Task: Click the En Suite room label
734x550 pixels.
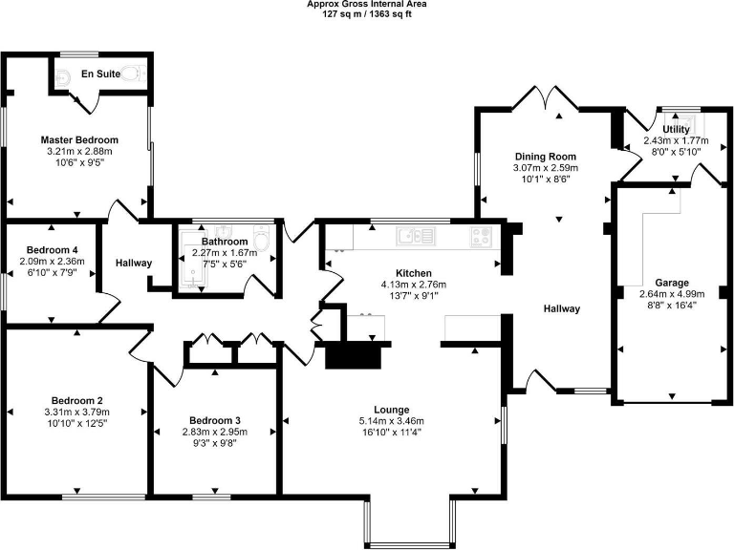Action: pyautogui.click(x=99, y=74)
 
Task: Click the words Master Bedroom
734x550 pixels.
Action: pyautogui.click(x=79, y=140)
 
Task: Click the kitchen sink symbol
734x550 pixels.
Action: pyautogui.click(x=417, y=235)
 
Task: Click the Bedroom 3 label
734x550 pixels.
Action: pyautogui.click(x=214, y=421)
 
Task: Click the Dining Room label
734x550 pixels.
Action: pyautogui.click(x=546, y=157)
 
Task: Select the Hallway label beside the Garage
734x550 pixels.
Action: pyautogui.click(x=562, y=308)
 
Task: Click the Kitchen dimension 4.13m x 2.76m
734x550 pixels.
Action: pyautogui.click(x=414, y=284)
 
